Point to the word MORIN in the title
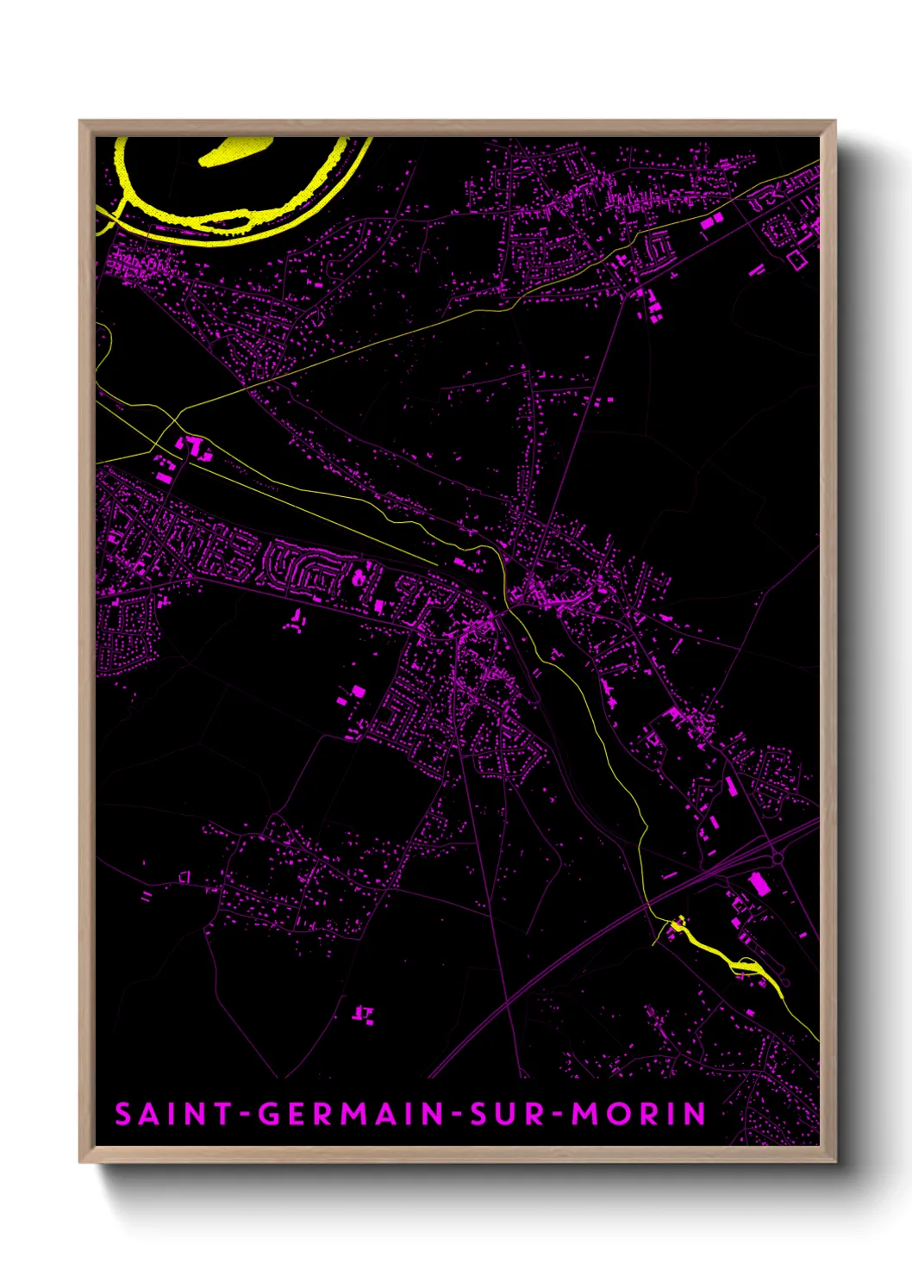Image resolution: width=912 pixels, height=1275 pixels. click(x=639, y=1113)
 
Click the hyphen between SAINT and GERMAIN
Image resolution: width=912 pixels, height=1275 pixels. click(x=246, y=1115)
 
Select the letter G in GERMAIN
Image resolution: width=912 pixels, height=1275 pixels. click(x=270, y=1113)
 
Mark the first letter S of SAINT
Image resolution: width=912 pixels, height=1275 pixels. click(x=123, y=1113)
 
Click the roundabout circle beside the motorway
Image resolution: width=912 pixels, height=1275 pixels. click(x=778, y=858)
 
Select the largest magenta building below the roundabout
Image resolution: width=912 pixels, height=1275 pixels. click(x=759, y=885)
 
